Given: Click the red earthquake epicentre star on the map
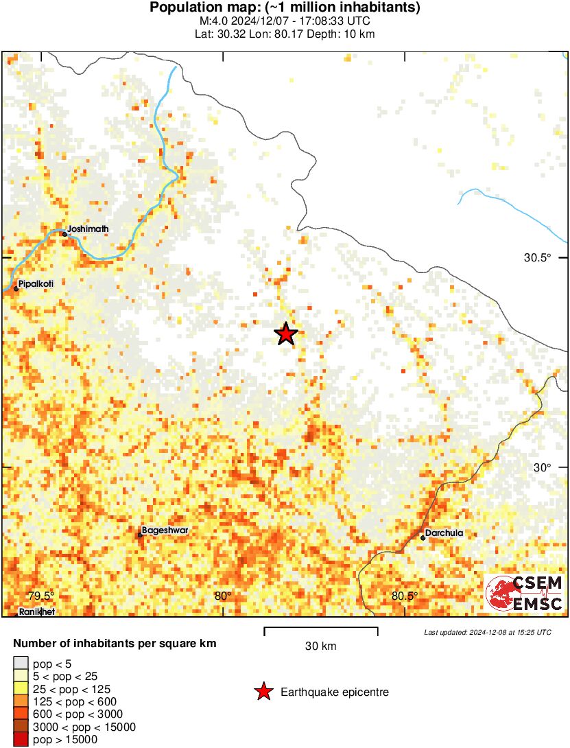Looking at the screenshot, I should [286, 334].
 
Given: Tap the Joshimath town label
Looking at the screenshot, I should [88, 229].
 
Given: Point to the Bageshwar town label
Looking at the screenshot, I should [165, 530].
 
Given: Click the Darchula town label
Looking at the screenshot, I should [444, 533].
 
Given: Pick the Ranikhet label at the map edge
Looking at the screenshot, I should [36, 611].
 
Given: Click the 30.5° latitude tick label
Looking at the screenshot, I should [538, 258].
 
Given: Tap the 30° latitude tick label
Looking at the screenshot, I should [543, 467].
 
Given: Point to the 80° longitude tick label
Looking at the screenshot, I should [222, 596].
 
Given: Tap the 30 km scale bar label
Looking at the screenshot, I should [320, 646].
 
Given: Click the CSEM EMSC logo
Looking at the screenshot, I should [525, 594].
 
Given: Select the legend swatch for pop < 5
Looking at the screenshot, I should [21, 664].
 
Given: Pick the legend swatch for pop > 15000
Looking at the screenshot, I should [21, 740].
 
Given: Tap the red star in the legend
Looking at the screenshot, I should [263, 692].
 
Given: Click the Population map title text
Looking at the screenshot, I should [285, 8].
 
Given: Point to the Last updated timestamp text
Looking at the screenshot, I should [487, 632].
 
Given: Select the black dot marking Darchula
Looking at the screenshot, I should [423, 538].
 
